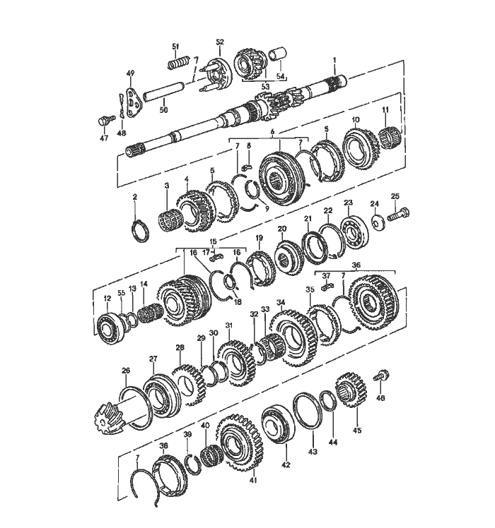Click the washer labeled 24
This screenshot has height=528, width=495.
[x=375, y=222]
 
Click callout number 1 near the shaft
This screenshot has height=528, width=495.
[x=334, y=61]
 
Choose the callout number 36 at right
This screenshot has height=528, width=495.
[x=356, y=265]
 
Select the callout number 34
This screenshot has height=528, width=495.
[x=281, y=302]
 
